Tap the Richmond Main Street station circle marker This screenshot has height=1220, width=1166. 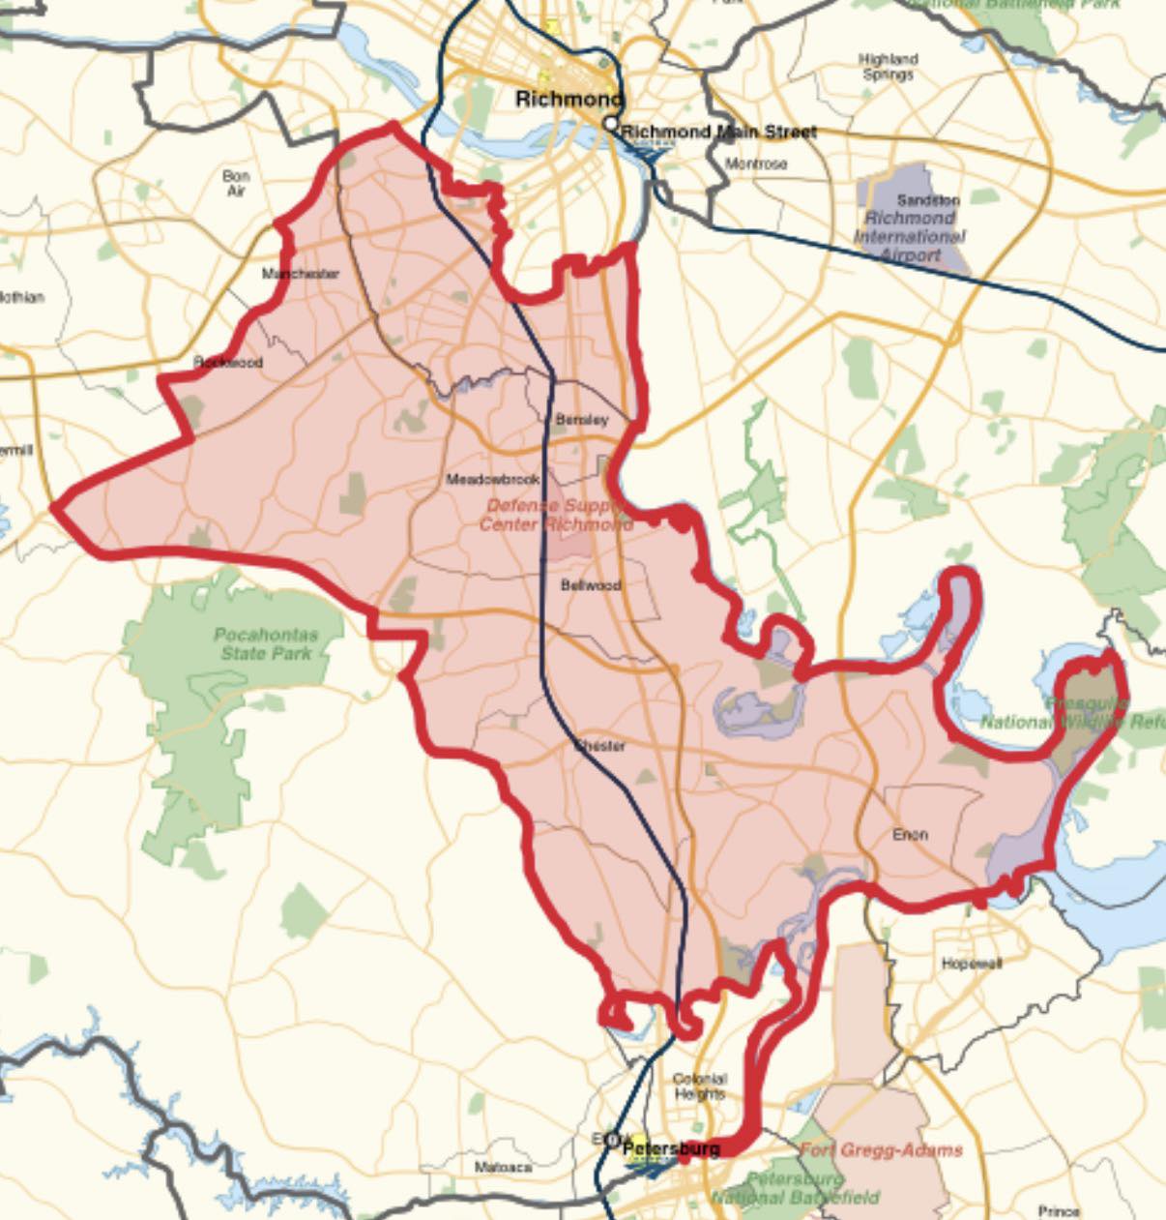click(611, 124)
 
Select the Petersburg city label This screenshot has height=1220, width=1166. click(671, 1148)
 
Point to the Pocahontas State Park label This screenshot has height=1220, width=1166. click(265, 644)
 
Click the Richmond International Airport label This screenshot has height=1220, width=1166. click(910, 237)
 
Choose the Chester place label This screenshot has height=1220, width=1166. click(600, 746)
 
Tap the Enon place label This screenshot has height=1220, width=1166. click(910, 834)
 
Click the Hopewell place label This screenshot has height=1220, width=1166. click(972, 964)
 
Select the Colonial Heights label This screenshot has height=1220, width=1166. click(699, 1086)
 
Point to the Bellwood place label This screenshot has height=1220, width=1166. click(591, 585)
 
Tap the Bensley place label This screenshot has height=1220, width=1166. click(582, 420)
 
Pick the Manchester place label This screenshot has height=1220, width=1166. click(301, 274)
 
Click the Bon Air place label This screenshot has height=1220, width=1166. click(236, 184)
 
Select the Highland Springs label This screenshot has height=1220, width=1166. click(888, 67)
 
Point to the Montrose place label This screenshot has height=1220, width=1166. click(756, 164)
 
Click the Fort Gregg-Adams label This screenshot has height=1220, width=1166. click(881, 1149)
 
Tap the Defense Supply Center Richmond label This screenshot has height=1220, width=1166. click(556, 515)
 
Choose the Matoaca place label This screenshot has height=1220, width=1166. click(503, 1167)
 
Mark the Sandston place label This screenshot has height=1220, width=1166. click(928, 200)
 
